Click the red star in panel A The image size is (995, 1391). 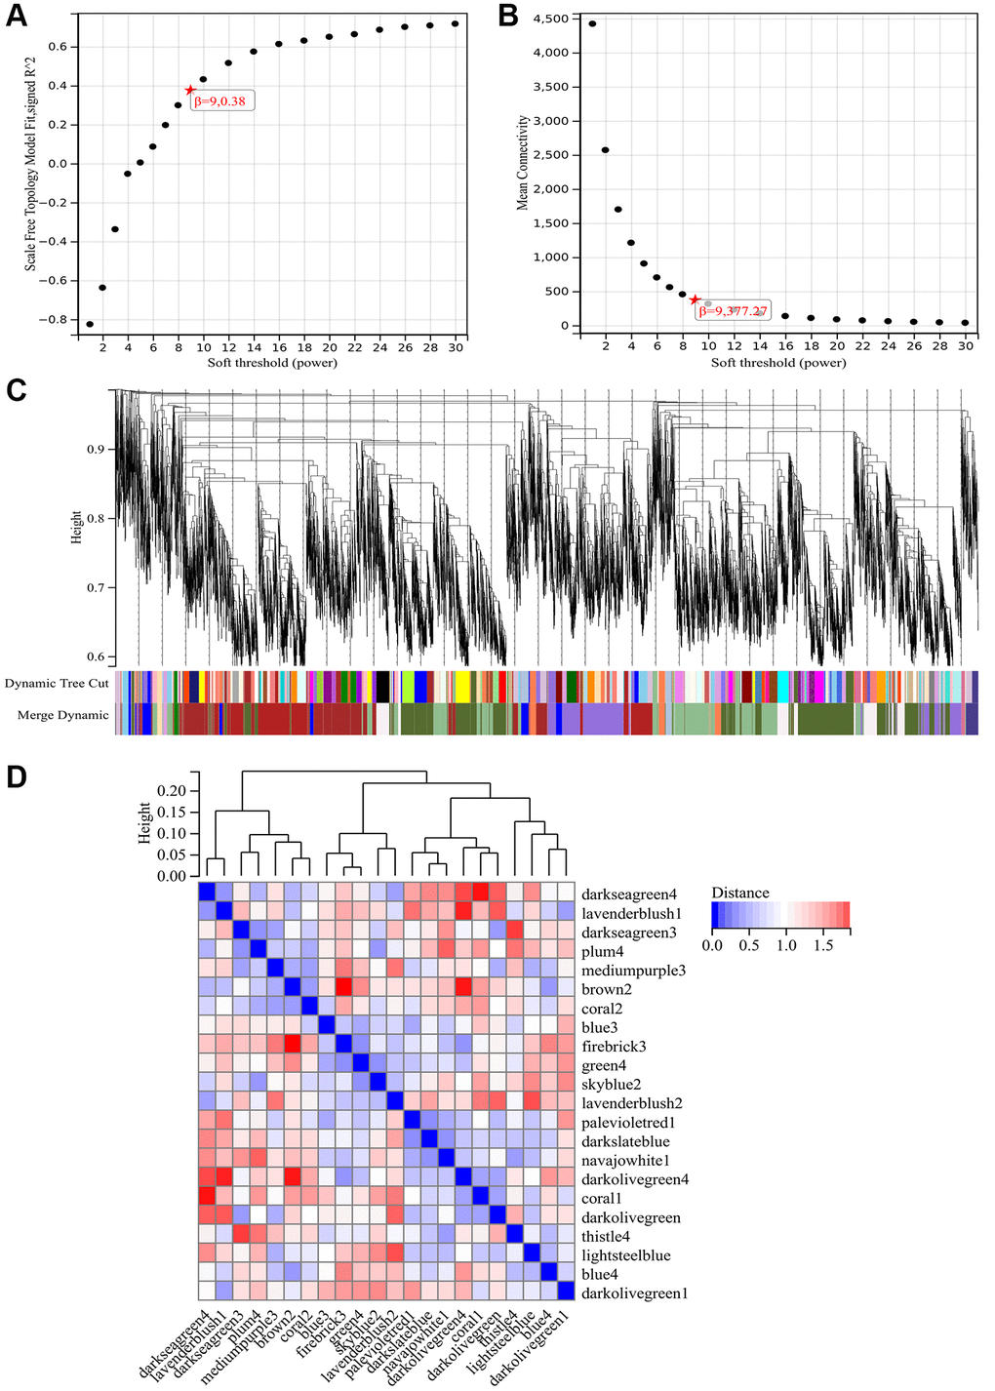(x=190, y=90)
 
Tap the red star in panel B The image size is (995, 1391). (x=695, y=299)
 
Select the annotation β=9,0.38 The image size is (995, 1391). (x=220, y=101)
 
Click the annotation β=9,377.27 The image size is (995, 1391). (x=733, y=311)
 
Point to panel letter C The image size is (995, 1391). (x=16, y=390)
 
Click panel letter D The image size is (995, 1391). (x=16, y=776)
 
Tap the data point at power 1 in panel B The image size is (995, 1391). (x=592, y=23)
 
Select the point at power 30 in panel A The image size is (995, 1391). (x=455, y=23)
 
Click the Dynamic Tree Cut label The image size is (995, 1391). (x=57, y=684)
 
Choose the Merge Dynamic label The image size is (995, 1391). (x=63, y=715)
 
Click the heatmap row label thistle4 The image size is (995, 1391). (x=606, y=1237)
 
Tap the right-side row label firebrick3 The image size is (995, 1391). (x=614, y=1047)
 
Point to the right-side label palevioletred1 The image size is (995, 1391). (x=628, y=1123)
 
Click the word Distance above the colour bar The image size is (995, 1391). (x=740, y=893)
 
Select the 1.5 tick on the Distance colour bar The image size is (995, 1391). (x=823, y=945)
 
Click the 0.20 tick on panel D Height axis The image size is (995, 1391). (x=171, y=790)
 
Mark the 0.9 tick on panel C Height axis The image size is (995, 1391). (x=96, y=450)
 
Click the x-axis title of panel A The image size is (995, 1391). (x=272, y=363)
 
